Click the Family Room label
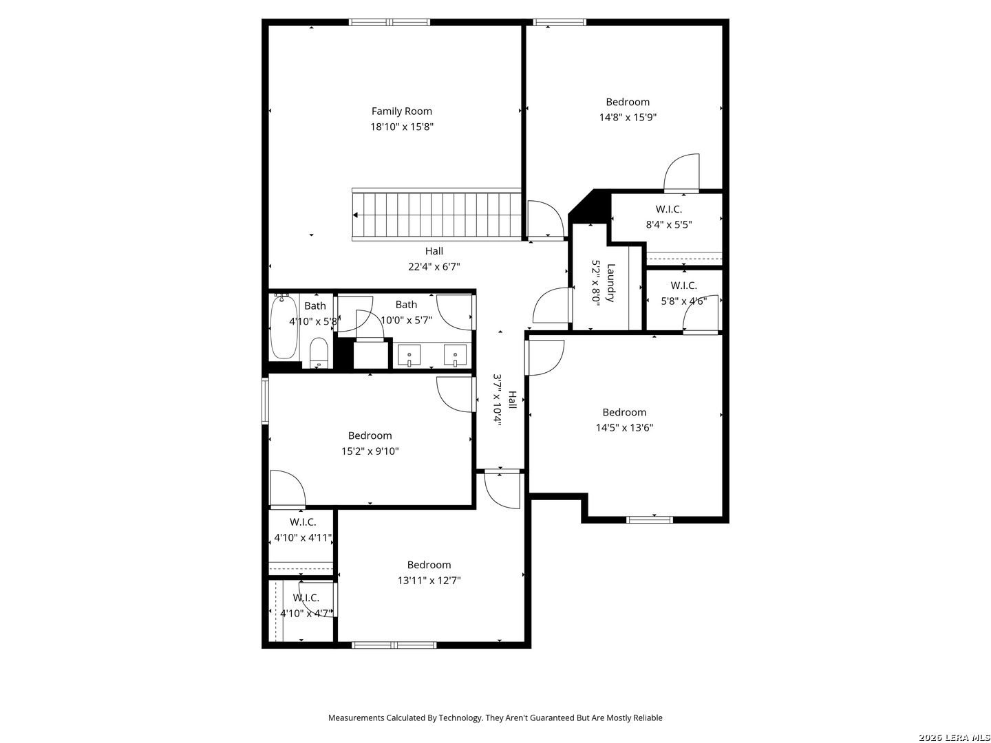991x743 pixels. [401, 111]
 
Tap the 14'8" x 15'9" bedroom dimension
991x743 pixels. [628, 117]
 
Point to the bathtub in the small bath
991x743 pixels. [284, 327]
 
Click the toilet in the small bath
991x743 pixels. [319, 353]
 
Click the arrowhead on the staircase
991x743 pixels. [356, 215]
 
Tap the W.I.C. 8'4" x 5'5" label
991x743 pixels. [669, 217]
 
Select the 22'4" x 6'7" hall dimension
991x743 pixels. [434, 267]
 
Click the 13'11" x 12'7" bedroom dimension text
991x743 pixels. [429, 580]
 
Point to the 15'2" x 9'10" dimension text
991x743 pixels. [370, 451]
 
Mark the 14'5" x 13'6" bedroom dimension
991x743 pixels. [624, 427]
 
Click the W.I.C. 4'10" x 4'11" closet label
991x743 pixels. [303, 530]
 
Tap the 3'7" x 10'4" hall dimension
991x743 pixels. [497, 400]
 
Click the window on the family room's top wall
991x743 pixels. [390, 22]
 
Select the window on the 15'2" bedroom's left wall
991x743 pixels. [265, 400]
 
